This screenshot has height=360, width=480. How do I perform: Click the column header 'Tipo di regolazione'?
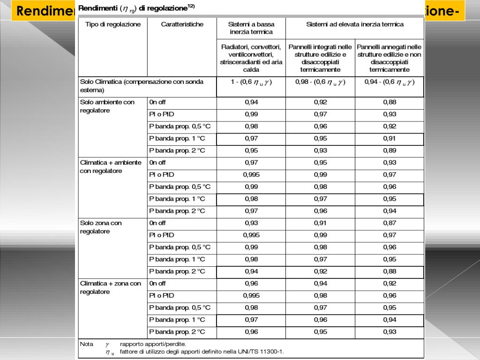(112, 25)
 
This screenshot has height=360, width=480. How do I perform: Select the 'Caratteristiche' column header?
(182, 25)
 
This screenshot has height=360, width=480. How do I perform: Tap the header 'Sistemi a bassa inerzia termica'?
(251, 28)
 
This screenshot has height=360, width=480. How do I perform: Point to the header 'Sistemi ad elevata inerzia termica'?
(355, 24)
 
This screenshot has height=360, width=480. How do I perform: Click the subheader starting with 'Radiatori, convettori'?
(251, 58)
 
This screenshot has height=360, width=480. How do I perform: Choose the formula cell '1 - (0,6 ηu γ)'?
(251, 82)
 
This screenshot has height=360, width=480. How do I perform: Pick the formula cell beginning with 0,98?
(320, 82)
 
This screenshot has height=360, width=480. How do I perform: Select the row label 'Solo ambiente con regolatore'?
(107, 106)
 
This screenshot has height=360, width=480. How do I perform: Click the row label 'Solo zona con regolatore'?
(101, 227)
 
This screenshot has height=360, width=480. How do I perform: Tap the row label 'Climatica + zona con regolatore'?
(110, 287)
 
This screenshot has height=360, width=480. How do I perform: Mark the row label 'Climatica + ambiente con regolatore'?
(110, 166)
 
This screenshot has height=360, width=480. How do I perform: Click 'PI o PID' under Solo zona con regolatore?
(161, 235)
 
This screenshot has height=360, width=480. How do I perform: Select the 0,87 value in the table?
(390, 223)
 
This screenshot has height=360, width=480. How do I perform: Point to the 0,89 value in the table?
(390, 150)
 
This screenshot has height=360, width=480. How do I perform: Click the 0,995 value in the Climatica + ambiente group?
(251, 175)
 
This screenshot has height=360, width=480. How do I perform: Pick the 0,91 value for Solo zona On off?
(321, 223)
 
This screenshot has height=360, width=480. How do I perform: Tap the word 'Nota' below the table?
(87, 344)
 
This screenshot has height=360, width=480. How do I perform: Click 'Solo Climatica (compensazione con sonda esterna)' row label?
(142, 85)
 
